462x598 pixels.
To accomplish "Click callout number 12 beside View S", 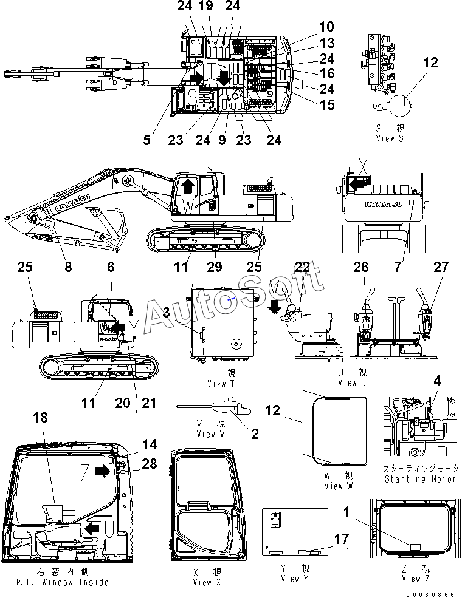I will pos(430,63).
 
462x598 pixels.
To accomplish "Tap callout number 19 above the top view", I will pos(205,7).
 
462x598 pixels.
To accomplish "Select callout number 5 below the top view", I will pos(147,140).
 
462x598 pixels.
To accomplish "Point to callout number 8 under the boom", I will pos(68,267).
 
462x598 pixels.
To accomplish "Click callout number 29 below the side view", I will pos(214,267).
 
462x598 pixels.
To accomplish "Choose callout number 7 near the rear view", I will pos(415,267).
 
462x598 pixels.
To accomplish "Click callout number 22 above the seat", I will pos(302,267).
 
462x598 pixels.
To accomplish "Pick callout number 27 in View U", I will pos(441,267).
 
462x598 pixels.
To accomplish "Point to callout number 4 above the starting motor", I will pos(436,381).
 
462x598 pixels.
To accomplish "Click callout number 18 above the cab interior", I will pos(40,418).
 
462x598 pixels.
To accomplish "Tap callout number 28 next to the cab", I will pos(149,464).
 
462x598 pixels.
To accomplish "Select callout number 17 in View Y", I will pos(342,540).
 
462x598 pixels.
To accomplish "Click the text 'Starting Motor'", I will pos(421,479).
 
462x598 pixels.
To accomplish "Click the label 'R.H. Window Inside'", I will pos(60,582).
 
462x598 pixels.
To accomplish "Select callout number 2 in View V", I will pos(255,433).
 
